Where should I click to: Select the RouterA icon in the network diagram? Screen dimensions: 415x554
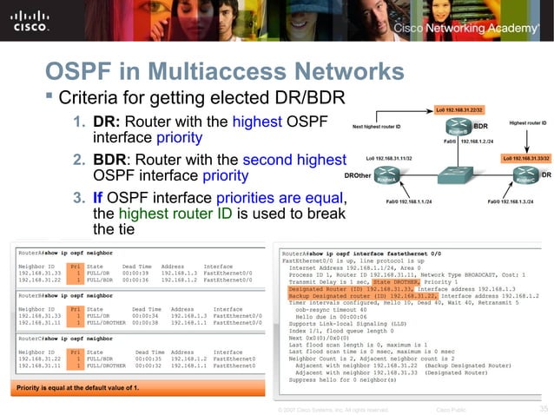click(x=375, y=178)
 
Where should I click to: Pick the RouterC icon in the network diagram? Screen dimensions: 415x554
click(x=521, y=178)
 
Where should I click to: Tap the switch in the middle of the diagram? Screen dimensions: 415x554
click(x=451, y=178)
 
